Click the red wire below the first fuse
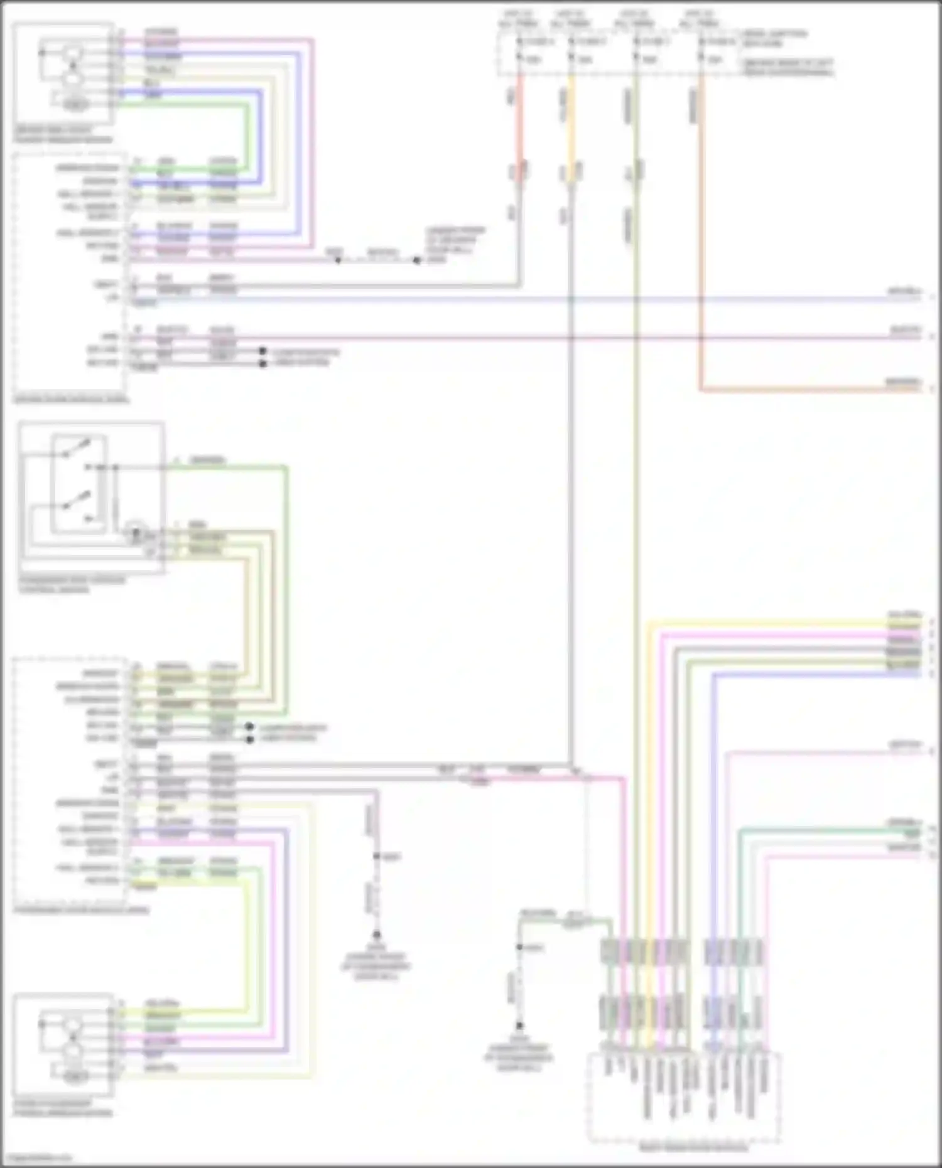(x=520, y=126)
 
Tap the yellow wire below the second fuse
(x=571, y=126)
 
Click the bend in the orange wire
(x=701, y=389)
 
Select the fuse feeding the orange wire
(x=701, y=50)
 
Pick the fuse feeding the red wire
(x=519, y=50)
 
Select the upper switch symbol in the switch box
(x=78, y=447)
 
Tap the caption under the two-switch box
(x=72, y=585)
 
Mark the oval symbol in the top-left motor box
(x=75, y=105)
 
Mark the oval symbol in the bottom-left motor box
(x=75, y=1077)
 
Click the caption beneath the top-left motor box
(x=63, y=135)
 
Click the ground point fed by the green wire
(x=519, y=1026)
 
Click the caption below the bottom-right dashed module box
(x=685, y=1148)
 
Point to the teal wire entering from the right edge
(x=829, y=831)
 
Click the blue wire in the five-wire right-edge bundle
(x=816, y=673)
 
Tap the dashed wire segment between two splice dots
(x=377, y=259)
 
